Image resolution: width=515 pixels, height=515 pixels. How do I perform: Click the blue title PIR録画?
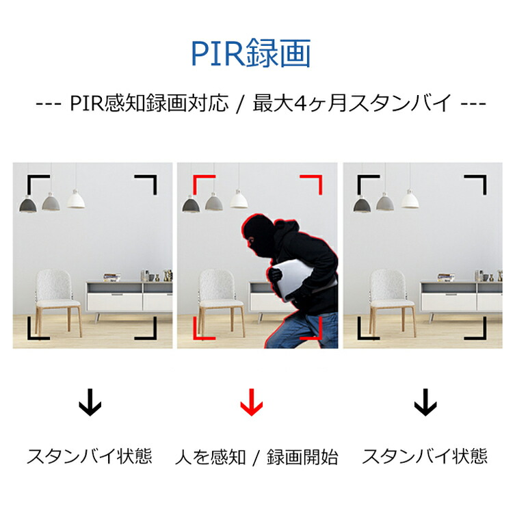tap(251, 53)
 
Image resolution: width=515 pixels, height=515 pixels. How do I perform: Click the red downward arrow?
tap(252, 402)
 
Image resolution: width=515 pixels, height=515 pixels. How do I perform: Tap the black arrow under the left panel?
tap(90, 402)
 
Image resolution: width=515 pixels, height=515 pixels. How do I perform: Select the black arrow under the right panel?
tap(425, 402)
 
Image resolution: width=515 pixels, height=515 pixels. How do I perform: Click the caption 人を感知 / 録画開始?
tap(256, 457)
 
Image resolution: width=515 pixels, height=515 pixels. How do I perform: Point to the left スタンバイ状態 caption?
tap(90, 456)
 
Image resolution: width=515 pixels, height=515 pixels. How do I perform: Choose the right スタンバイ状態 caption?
tap(425, 456)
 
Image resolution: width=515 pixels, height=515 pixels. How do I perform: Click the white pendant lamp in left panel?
tap(76, 199)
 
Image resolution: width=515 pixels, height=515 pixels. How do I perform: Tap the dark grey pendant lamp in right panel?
tap(362, 204)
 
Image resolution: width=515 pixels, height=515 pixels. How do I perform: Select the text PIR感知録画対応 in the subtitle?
tap(150, 103)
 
